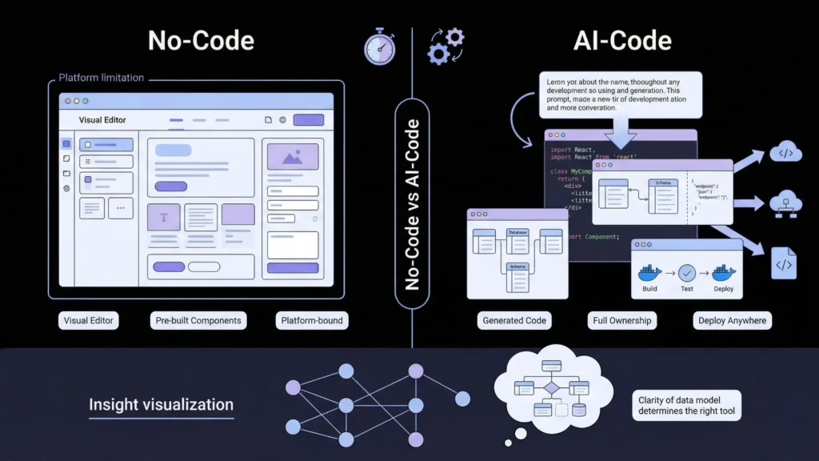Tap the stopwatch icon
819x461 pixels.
click(x=379, y=48)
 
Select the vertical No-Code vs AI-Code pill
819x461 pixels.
click(x=412, y=203)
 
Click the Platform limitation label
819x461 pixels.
click(x=102, y=78)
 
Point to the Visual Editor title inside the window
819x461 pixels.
click(x=102, y=120)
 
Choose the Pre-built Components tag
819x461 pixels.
click(x=198, y=320)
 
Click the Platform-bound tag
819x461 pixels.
click(x=311, y=320)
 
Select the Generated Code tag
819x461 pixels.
click(x=514, y=320)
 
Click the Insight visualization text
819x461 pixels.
click(x=161, y=404)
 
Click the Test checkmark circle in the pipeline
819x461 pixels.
click(x=687, y=272)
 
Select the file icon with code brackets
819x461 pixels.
click(x=783, y=263)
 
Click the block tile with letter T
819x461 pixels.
click(x=164, y=218)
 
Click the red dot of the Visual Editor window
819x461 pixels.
click(x=67, y=102)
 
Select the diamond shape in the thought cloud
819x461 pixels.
click(x=551, y=388)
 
